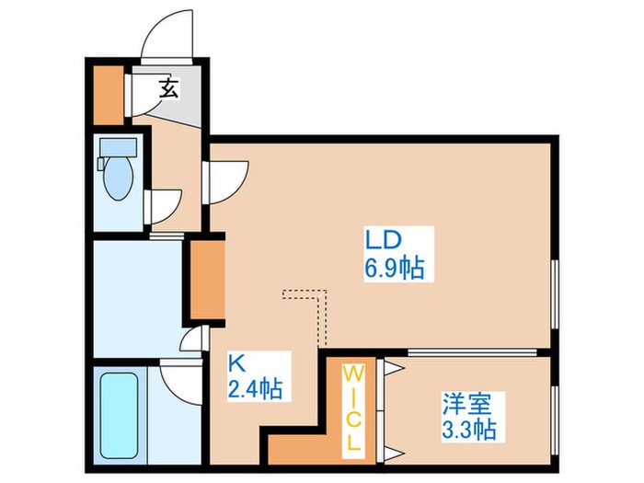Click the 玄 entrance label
click(168, 88)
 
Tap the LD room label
click(383, 240)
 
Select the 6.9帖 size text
click(395, 268)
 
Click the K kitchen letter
click(237, 363)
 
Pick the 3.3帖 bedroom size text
click(469, 430)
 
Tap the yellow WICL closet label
click(353, 408)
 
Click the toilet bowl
click(119, 178)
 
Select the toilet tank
click(119, 146)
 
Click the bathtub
click(119, 415)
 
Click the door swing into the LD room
click(225, 182)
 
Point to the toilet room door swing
click(163, 207)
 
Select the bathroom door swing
click(181, 381)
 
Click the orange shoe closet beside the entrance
click(109, 95)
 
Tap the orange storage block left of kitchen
click(208, 280)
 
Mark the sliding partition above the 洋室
click(472, 352)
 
